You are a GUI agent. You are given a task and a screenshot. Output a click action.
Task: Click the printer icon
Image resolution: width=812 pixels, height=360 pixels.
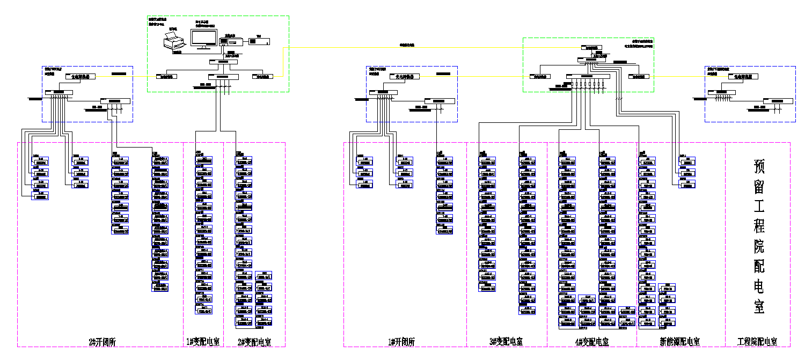[175, 41]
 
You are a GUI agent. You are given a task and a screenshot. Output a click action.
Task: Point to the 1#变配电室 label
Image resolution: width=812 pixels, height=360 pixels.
[203, 342]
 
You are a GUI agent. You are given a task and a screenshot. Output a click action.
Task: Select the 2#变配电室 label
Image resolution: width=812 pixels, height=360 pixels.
[254, 342]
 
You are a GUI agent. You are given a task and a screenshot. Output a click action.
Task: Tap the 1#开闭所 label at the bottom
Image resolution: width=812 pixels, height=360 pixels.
[401, 342]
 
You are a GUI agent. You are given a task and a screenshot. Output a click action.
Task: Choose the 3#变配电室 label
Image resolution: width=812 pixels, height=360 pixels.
[506, 342]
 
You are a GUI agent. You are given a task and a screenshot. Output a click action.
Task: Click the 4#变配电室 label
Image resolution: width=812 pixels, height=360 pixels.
[591, 342]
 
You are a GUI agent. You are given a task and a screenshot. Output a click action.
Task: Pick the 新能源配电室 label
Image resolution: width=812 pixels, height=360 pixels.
[679, 342]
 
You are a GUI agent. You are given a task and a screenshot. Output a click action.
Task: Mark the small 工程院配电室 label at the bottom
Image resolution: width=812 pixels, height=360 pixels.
[757, 342]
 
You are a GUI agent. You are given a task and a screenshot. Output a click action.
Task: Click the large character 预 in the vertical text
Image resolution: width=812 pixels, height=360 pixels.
[759, 166]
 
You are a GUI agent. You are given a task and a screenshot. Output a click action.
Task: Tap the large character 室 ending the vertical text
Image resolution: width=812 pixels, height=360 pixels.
[759, 307]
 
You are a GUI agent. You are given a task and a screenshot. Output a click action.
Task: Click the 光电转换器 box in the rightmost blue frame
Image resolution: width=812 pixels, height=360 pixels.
[743, 77]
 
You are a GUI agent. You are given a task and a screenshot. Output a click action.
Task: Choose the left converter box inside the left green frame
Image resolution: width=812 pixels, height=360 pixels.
[166, 77]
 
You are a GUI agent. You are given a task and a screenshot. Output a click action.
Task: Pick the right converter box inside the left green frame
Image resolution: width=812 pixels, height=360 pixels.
[262, 77]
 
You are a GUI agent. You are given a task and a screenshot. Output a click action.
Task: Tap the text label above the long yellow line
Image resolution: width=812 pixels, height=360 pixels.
[407, 45]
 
